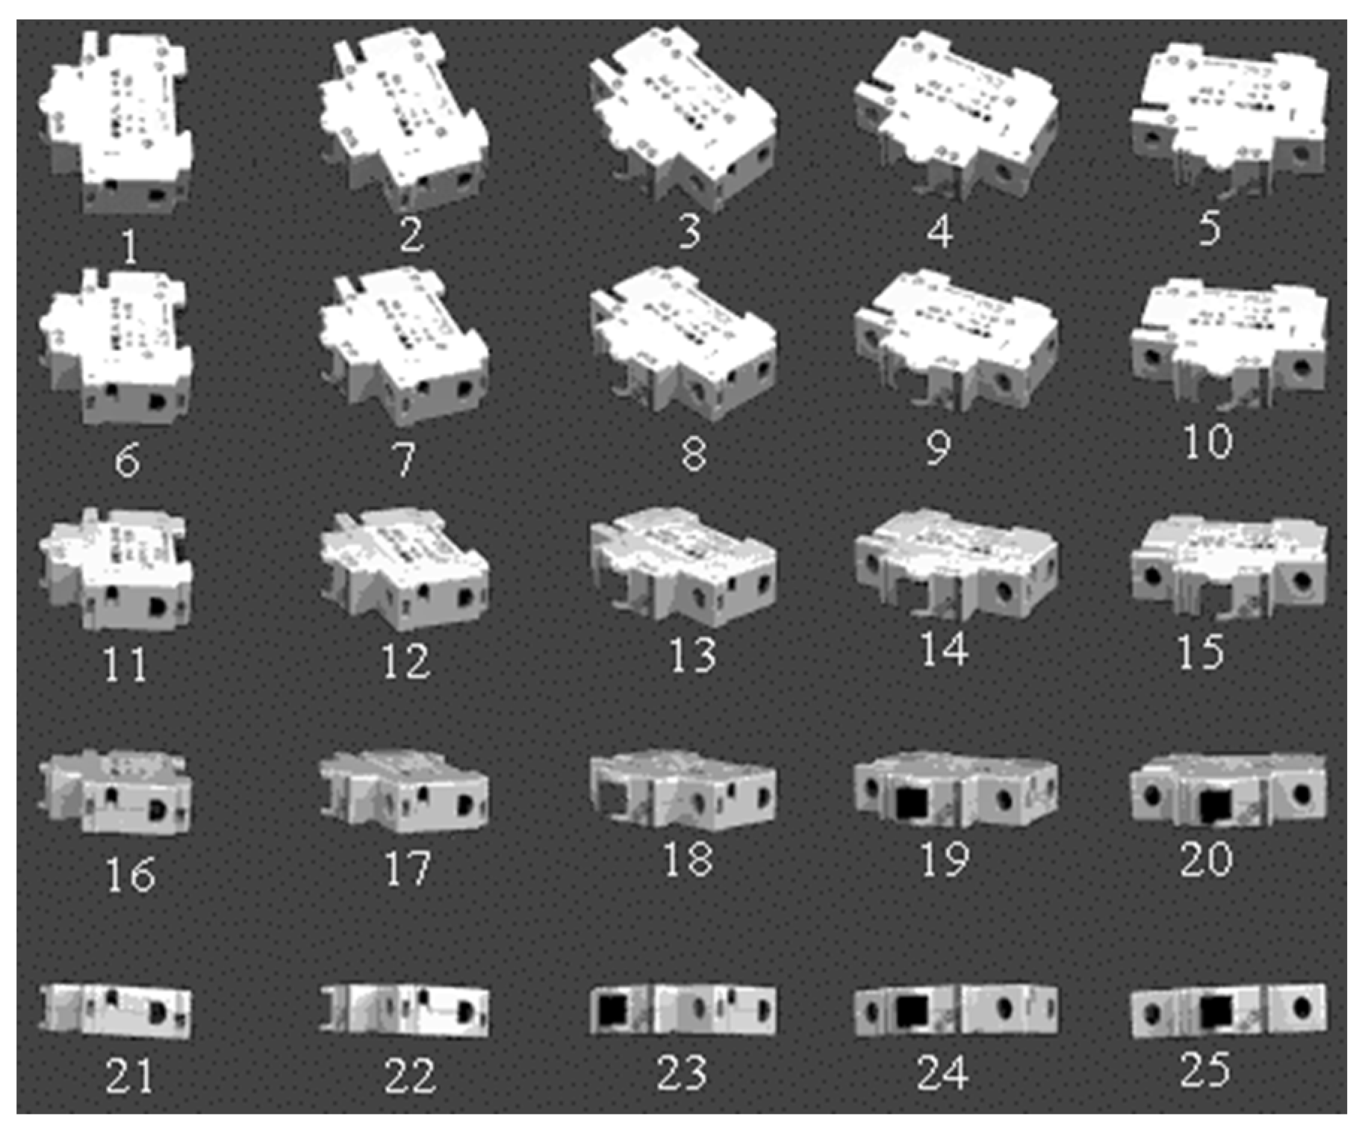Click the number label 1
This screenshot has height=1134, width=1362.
[x=129, y=246]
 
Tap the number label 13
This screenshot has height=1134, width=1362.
[x=692, y=655]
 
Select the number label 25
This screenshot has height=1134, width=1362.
[x=1205, y=1069]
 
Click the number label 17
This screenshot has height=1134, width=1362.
[x=407, y=867]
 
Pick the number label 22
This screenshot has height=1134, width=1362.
[x=409, y=1075]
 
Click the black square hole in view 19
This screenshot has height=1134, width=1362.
[x=912, y=803]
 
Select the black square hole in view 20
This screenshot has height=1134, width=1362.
[x=1216, y=805]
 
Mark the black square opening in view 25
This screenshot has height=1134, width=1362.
[x=1216, y=1011]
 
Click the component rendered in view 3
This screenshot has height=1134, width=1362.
[x=683, y=119]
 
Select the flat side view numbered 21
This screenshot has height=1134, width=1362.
[x=116, y=1010]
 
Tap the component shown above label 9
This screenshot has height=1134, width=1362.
[x=956, y=340]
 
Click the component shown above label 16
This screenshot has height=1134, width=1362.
[x=116, y=793]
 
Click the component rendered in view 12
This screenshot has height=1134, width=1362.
[x=404, y=571]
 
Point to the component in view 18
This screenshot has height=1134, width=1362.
[x=683, y=791]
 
